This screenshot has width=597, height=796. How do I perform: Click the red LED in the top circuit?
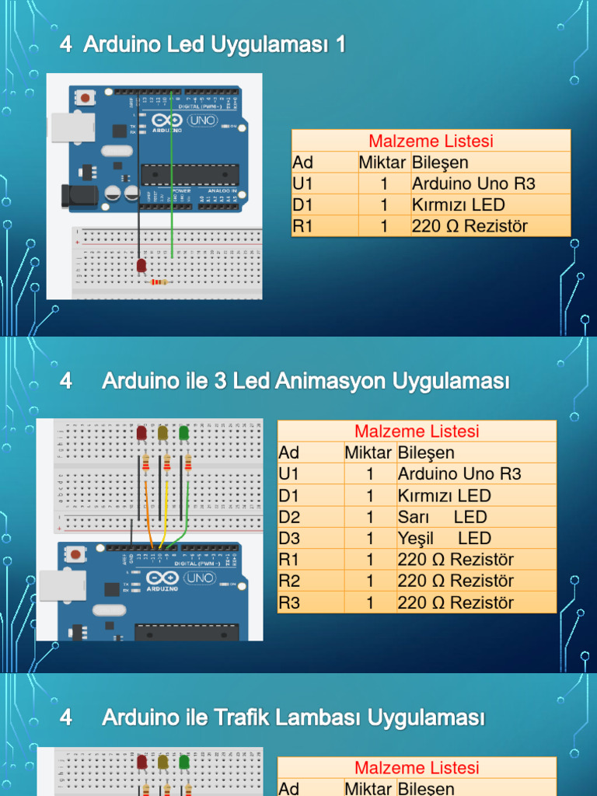click(x=141, y=266)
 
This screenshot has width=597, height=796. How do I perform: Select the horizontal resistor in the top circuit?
click(x=160, y=281)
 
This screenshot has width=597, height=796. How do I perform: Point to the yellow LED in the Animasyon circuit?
click(x=163, y=433)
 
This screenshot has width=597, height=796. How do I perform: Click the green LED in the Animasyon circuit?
click(x=184, y=433)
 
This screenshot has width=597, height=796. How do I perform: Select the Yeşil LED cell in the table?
click(x=445, y=538)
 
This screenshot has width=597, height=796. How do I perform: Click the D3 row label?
click(x=289, y=538)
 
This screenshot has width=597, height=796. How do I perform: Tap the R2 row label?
click(x=289, y=581)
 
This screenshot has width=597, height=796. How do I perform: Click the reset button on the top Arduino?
click(x=84, y=98)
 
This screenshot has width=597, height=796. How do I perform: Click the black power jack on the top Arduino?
click(x=79, y=196)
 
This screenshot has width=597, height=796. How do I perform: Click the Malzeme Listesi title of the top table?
click(x=431, y=141)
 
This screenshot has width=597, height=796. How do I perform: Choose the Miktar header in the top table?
click(x=382, y=162)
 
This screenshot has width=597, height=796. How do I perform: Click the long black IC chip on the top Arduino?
click(x=190, y=176)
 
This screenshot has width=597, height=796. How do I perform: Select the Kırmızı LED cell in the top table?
click(x=459, y=205)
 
